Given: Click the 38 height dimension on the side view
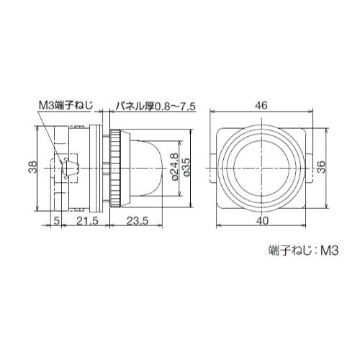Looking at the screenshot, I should [x=32, y=167].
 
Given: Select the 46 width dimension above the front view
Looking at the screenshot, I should [x=262, y=105].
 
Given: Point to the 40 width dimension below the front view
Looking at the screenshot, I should [x=262, y=222].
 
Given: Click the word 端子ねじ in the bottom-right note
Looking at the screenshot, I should [x=288, y=251].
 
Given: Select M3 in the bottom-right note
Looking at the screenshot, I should [x=329, y=251].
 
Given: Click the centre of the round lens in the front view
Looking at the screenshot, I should [x=262, y=167].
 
